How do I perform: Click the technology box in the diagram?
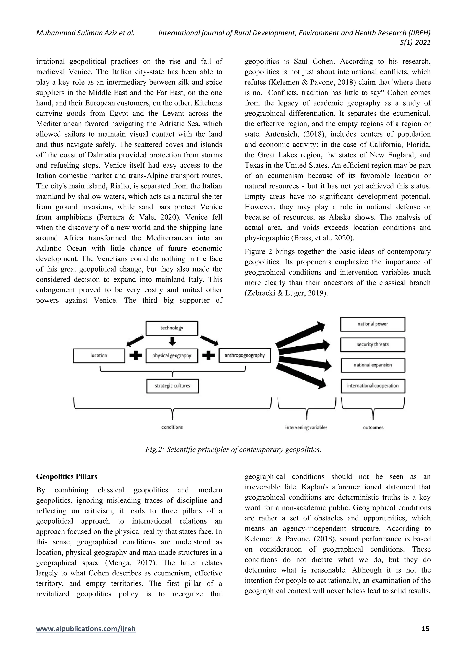pyautogui.click(x=172, y=328)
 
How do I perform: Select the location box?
pyautogui.click(x=99, y=356)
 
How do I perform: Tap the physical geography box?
pyautogui.click(x=172, y=356)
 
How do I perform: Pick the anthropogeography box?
pyautogui.click(x=245, y=355)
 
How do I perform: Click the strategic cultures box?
pyautogui.click(x=172, y=386)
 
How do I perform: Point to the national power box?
pyautogui.click(x=373, y=324)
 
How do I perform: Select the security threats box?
pyautogui.click(x=373, y=345)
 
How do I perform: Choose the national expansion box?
pyautogui.click(x=373, y=365)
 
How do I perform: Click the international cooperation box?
pyautogui.click(x=373, y=386)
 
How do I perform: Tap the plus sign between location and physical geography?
pyautogui.click(x=135, y=356)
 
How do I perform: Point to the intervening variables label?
pyautogui.click(x=306, y=427)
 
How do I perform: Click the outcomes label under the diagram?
pyautogui.click(x=373, y=427)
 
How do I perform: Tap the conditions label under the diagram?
pyautogui.click(x=172, y=427)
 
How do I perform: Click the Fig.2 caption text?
pyautogui.click(x=233, y=450)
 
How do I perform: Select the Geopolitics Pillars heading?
pyautogui.click(x=67, y=476)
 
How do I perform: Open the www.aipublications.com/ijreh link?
pyautogui.click(x=86, y=637)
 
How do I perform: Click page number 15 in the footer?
pyautogui.click(x=425, y=637)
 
